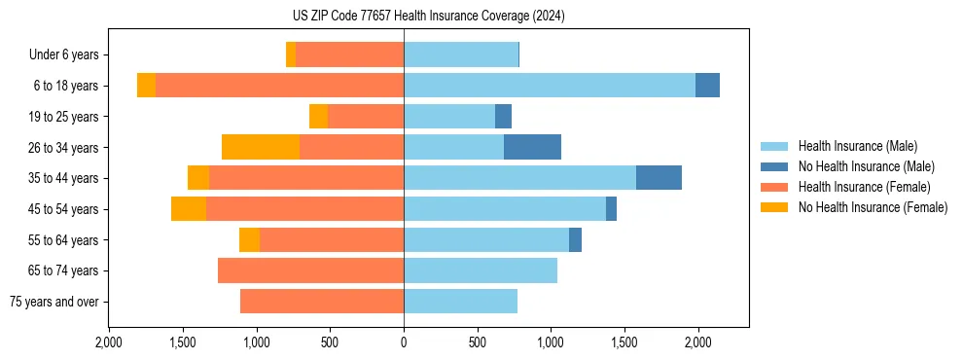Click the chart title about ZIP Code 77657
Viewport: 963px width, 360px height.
tap(428, 17)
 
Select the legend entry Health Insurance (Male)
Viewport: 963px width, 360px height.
tap(857, 146)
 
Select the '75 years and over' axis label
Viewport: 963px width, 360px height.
tap(53, 302)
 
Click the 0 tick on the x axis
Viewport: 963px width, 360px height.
tap(404, 342)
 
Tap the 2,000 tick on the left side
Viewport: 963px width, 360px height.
tap(109, 342)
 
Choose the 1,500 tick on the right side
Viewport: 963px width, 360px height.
tap(624, 342)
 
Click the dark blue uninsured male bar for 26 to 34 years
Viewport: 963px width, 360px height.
tap(532, 147)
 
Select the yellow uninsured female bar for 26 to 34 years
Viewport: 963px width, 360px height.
tap(261, 147)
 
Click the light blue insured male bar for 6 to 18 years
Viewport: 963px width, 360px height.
tap(550, 86)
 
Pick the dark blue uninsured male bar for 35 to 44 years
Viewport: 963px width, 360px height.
tap(659, 178)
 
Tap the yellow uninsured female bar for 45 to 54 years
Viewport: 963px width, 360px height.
tap(189, 209)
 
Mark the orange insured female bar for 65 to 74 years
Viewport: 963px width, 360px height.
tap(310, 270)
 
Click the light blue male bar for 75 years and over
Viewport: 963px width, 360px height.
tap(460, 302)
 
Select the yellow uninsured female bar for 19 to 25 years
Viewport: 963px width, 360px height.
tap(319, 117)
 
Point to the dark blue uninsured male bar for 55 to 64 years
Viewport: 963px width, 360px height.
tap(575, 239)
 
